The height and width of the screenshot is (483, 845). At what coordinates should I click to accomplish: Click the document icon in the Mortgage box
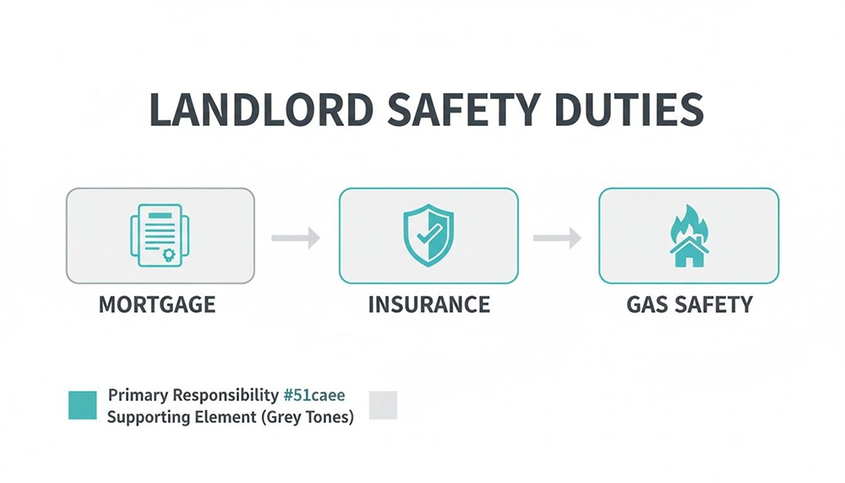click(x=159, y=235)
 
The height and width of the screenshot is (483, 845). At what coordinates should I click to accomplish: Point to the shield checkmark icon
click(x=428, y=235)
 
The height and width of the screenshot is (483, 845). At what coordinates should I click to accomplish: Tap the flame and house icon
click(x=689, y=235)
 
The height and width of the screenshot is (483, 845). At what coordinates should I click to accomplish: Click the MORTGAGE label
click(x=157, y=305)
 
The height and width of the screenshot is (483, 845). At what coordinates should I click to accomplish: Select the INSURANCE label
click(x=428, y=305)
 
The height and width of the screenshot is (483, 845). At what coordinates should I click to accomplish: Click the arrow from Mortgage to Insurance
click(x=296, y=238)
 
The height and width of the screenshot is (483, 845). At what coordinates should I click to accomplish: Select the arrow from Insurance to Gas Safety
click(x=557, y=238)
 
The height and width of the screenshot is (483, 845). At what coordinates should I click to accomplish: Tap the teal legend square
click(x=82, y=405)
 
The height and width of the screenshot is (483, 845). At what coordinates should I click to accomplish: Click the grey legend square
click(x=383, y=405)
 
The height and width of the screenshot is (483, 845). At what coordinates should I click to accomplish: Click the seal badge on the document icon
click(x=168, y=254)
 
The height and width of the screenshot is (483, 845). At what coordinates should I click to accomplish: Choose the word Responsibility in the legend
click(x=225, y=395)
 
